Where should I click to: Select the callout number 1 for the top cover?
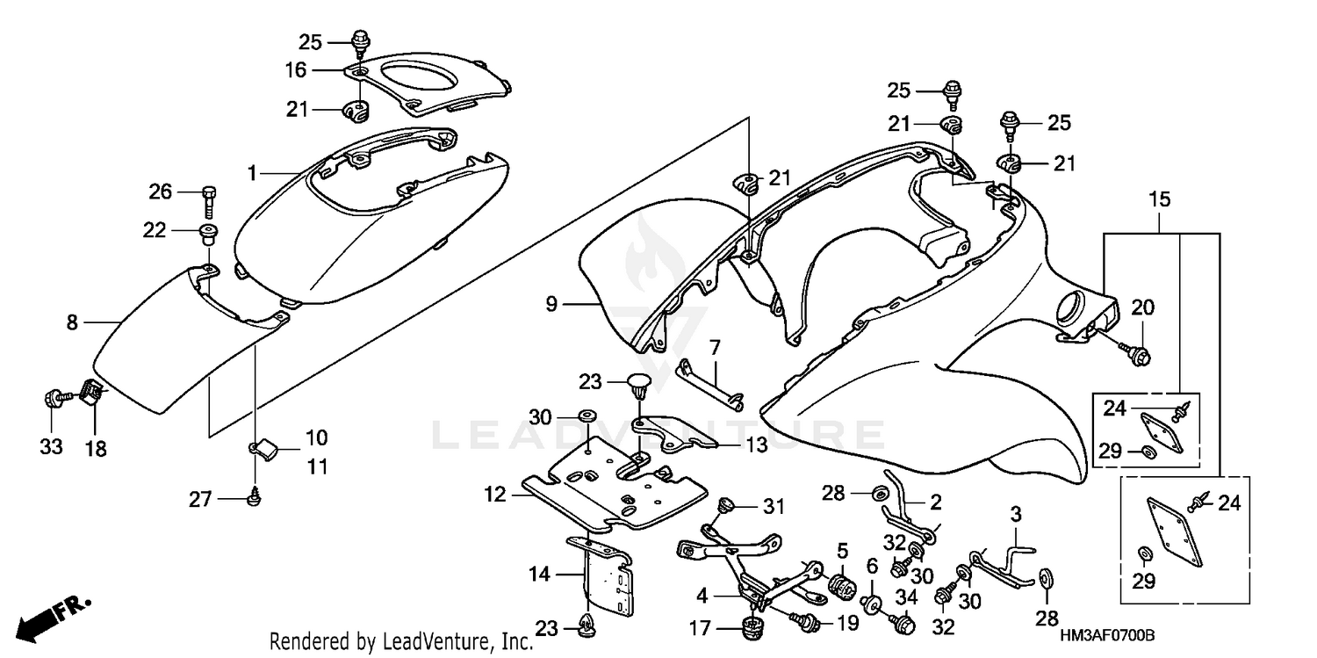coord(252,174)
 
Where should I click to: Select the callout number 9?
coord(551,305)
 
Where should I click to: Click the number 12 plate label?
coord(495,495)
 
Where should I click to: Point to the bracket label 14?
coord(539,575)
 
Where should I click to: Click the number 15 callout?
coord(1160,199)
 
